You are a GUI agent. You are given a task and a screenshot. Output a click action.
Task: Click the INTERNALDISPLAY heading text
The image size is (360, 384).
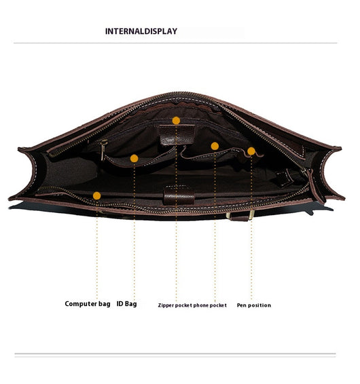(141, 31)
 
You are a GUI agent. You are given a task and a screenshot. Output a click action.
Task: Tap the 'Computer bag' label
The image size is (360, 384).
(88, 304)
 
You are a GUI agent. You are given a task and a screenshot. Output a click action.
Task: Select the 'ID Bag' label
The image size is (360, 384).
(126, 304)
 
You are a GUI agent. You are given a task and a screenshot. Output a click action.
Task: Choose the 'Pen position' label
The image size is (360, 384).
(254, 305)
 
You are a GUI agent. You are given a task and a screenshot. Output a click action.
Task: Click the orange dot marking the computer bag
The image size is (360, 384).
(97, 196)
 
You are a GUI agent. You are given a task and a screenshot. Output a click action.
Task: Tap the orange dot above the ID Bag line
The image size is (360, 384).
(134, 159)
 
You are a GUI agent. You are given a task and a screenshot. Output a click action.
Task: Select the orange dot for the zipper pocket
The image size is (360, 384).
(176, 121)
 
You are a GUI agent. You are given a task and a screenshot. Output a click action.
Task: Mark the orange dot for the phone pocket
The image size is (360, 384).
(215, 146)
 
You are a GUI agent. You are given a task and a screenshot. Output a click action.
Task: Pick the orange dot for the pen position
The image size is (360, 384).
(251, 151)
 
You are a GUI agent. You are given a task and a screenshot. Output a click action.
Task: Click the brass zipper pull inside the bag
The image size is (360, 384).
(103, 150)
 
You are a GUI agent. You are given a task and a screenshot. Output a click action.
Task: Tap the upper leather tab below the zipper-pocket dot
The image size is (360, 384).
(177, 134)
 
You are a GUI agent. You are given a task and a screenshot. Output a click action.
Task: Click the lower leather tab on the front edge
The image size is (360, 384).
(179, 195)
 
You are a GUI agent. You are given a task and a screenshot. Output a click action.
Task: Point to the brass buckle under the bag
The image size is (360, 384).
(251, 215)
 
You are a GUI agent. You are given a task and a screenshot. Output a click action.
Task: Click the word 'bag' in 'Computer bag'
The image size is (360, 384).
(104, 304)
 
